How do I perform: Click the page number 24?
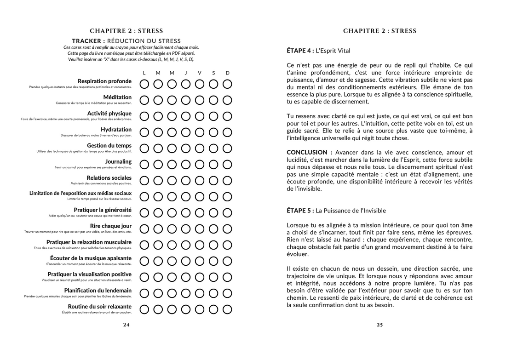click(126, 325)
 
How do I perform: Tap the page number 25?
click(379, 325)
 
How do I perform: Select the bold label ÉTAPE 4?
click(300, 51)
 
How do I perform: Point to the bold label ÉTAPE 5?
click(300, 211)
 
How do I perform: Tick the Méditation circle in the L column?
click(144, 100)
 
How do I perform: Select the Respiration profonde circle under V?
click(200, 84)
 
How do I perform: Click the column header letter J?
click(186, 73)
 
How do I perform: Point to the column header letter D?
click(227, 73)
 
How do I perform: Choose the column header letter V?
click(200, 73)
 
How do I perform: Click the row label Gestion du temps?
click(109, 146)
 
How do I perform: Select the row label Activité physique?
click(109, 114)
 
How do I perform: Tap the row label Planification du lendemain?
click(98, 291)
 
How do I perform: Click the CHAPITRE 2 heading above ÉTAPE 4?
click(379, 31)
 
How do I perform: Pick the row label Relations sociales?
click(109, 178)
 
